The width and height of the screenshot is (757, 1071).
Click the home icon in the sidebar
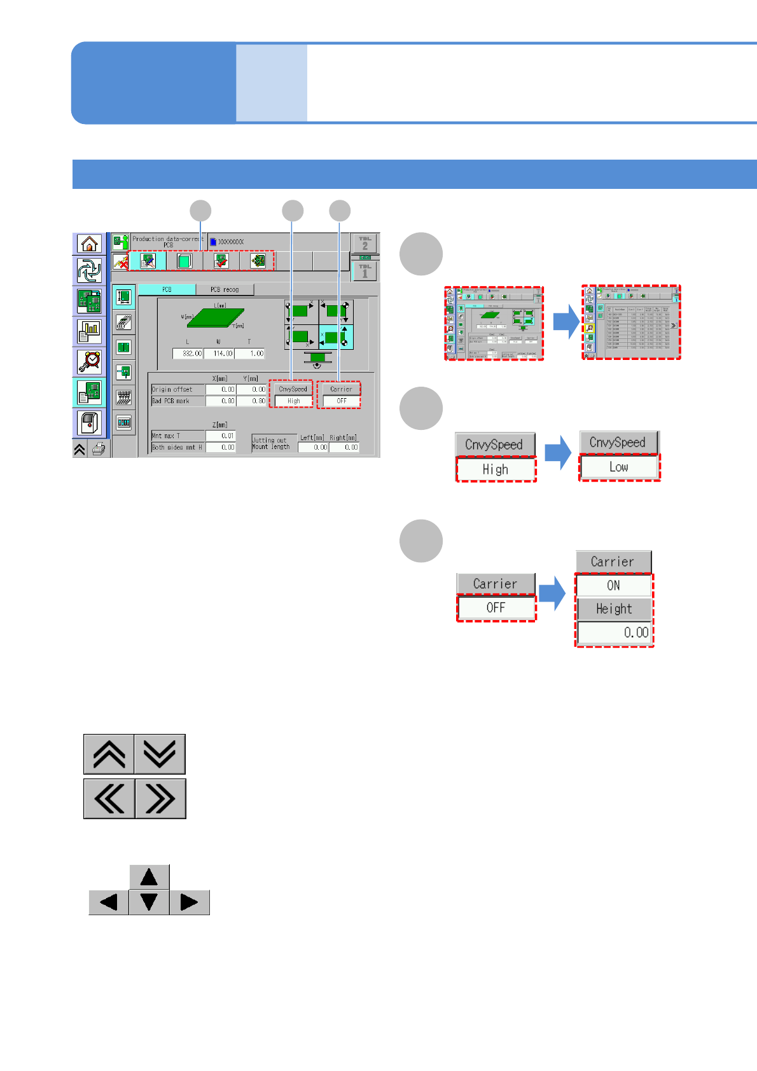coord(89,244)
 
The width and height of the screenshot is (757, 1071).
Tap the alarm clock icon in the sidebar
coord(89,361)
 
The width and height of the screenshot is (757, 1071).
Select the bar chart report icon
coord(89,331)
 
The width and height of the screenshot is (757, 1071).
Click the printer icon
coord(99,449)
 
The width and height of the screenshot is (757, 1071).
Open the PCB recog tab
coord(225,289)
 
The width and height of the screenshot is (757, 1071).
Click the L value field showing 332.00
coord(188,353)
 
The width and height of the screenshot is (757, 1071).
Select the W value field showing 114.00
coord(219,353)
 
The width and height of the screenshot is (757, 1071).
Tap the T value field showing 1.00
coord(250,353)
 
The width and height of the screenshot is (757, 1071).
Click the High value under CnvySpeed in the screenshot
coord(293,401)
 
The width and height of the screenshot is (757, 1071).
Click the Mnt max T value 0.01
coord(221,436)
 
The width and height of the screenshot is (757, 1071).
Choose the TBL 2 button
coord(365,243)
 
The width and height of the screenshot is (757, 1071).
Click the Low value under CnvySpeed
coord(619,467)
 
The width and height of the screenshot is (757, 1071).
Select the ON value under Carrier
coord(613,585)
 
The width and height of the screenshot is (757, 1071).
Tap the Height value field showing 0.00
coord(614,632)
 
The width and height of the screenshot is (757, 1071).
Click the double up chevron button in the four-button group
coord(109,754)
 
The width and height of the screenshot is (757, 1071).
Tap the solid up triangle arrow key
coord(149,877)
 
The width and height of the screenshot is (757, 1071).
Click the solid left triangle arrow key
coord(109,902)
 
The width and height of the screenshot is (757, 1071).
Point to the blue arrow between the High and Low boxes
coord(558,452)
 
